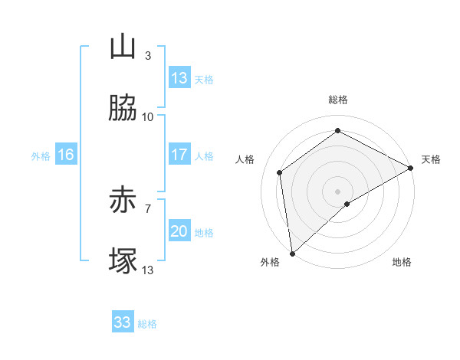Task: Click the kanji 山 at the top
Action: pyautogui.click(x=123, y=47)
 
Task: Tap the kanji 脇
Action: pyautogui.click(x=123, y=109)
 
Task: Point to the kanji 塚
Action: pyautogui.click(x=123, y=261)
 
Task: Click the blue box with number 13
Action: pyautogui.click(x=179, y=78)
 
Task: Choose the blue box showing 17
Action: pyautogui.click(x=179, y=155)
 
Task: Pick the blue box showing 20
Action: pyautogui.click(x=179, y=231)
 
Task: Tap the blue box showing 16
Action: pyautogui.click(x=66, y=155)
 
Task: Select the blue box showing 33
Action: pyautogui.click(x=123, y=322)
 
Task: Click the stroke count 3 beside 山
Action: pyautogui.click(x=148, y=55)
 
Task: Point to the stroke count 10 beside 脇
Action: pyautogui.click(x=148, y=116)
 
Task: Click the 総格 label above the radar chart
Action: pyautogui.click(x=338, y=100)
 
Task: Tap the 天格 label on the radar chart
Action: pyautogui.click(x=431, y=159)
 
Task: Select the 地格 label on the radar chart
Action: pyautogui.click(x=402, y=262)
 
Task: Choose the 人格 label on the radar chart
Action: pyautogui.click(x=245, y=159)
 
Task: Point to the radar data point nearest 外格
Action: pyautogui.click(x=292, y=253)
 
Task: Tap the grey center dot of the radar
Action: pyautogui.click(x=338, y=191)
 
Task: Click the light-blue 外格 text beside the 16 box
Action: pyautogui.click(x=41, y=155)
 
